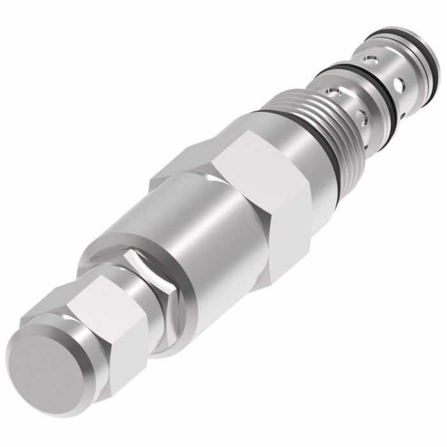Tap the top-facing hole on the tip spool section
click(370, 61)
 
